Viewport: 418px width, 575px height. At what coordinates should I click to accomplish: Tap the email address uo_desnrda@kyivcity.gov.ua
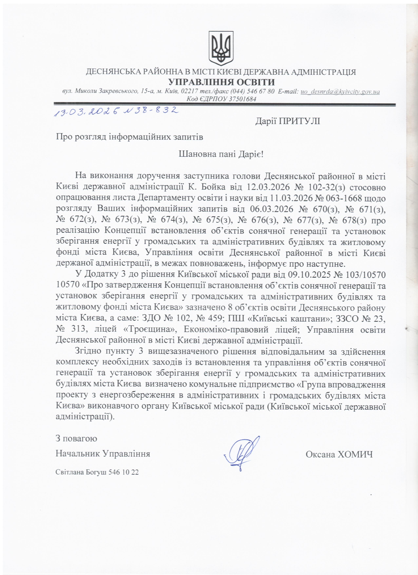[340, 91]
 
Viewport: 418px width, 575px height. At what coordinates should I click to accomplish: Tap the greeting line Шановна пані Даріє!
[221, 154]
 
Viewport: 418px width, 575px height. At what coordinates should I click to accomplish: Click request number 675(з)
[219, 220]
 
